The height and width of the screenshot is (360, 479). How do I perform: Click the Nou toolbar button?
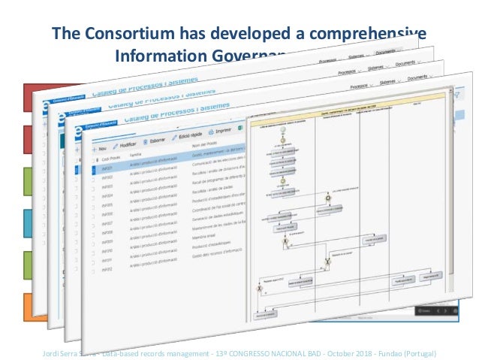click(x=98, y=148)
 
